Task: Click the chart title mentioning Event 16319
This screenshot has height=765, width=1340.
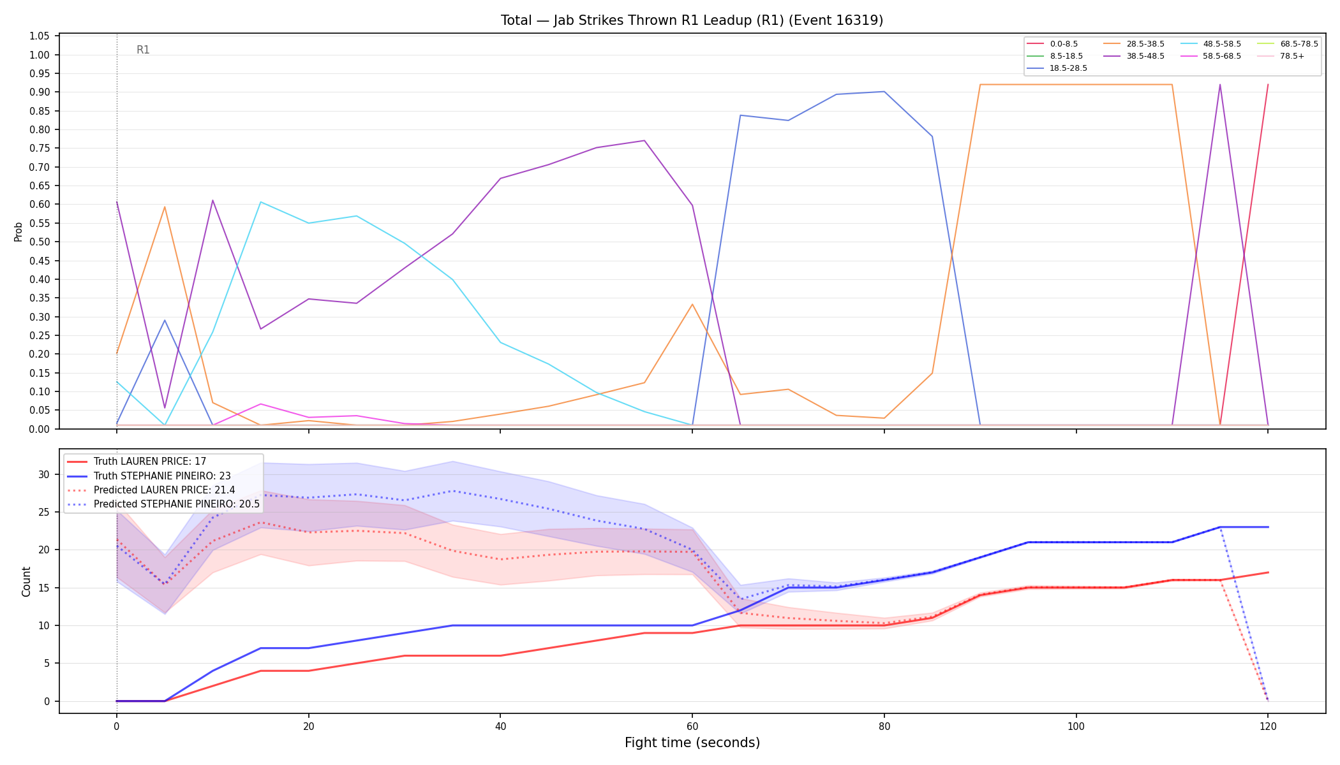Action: (692, 20)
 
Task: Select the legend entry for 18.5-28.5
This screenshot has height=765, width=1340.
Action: (1057, 68)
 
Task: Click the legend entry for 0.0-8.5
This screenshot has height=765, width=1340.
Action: (1052, 44)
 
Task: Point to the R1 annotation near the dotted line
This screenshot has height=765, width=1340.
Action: (143, 50)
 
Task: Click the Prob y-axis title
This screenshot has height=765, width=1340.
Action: (19, 231)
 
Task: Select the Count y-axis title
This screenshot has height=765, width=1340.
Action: (26, 581)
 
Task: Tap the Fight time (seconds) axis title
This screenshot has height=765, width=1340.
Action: (692, 743)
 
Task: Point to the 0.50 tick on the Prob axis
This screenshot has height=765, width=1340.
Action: (40, 242)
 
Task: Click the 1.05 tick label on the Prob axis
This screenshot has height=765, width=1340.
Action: (40, 36)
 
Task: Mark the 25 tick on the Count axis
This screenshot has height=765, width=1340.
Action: (44, 512)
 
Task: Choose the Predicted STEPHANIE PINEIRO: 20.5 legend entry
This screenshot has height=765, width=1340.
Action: (163, 504)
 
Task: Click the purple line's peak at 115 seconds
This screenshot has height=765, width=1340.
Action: (1219, 84)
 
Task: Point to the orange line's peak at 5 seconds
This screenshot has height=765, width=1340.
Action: (165, 207)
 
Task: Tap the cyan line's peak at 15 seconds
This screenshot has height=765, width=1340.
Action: (260, 202)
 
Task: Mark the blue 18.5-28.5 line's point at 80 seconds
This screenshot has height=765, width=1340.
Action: (884, 92)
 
